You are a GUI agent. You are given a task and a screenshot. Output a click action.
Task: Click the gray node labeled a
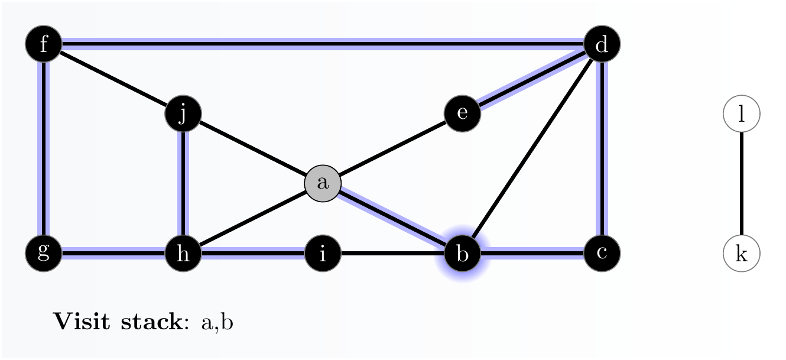pos(323,183)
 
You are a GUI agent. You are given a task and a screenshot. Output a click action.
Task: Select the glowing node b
pos(462,253)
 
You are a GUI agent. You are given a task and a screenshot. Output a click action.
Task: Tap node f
pos(44,44)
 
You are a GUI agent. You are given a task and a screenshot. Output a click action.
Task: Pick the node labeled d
pos(602,44)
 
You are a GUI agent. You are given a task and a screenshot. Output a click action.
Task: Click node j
pos(183,113)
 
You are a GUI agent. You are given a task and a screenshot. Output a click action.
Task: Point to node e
pos(462,113)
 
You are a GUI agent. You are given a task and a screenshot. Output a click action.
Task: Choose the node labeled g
pos(44,253)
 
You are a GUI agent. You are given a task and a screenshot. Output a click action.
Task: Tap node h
pos(183,253)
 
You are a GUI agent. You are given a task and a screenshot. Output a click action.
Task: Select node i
pos(323,253)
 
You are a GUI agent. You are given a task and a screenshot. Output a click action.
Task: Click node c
pos(602,253)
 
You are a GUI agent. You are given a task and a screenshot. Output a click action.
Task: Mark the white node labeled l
pos(742,113)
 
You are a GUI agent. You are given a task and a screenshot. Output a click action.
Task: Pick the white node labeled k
pos(742,253)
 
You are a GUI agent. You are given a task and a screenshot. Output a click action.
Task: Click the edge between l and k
pos(742,183)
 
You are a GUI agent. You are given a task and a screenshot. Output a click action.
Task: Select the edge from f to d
pos(323,44)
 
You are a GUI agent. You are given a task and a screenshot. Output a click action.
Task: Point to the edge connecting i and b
pos(392,253)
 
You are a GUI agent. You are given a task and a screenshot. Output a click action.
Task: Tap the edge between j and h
pos(183,183)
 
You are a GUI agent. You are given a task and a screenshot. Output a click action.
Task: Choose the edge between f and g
pos(44,148)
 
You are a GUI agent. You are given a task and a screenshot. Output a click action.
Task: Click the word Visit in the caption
pos(82,321)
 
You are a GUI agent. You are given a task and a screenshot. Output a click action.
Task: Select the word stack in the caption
pos(152,321)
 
